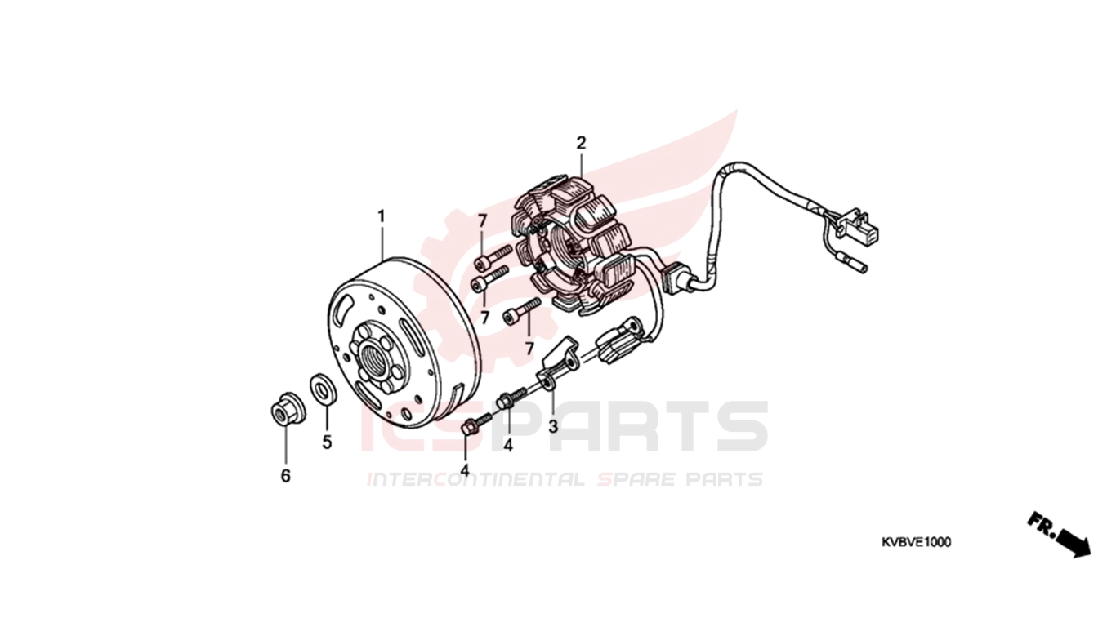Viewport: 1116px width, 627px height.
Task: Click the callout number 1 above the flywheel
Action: pos(382,217)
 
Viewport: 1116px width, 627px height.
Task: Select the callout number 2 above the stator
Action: pos(581,144)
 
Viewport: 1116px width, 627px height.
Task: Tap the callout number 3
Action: pos(553,426)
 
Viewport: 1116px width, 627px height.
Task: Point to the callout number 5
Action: pos(327,442)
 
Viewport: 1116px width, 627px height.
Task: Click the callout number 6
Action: pos(285,476)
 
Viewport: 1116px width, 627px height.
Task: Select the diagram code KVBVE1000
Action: pos(916,542)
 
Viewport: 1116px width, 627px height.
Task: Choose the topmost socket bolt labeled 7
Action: pos(494,257)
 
